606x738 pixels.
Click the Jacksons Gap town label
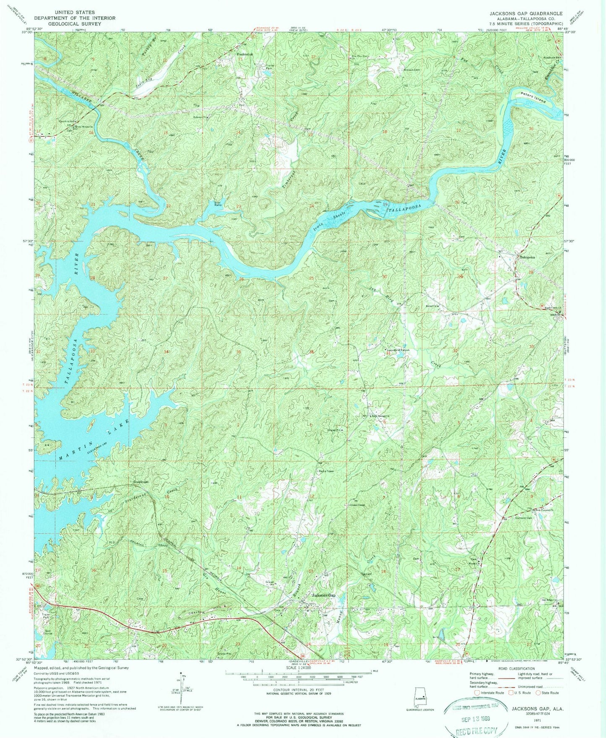(323, 595)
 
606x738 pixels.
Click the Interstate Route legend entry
(490, 693)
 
